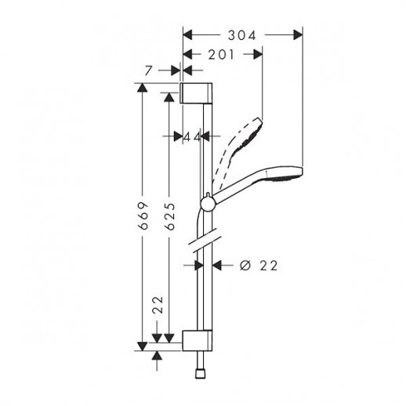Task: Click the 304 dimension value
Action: pos(242,35)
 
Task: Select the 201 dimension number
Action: pos(221,55)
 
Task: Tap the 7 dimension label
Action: pos(148,71)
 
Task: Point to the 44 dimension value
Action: pos(192,136)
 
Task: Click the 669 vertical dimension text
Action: pos(143,216)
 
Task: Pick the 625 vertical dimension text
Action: pos(170,216)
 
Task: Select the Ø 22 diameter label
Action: pos(259,266)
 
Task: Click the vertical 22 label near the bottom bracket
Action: pos(158,305)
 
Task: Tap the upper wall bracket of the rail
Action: pos(196,92)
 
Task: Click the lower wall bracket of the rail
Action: pos(198,340)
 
